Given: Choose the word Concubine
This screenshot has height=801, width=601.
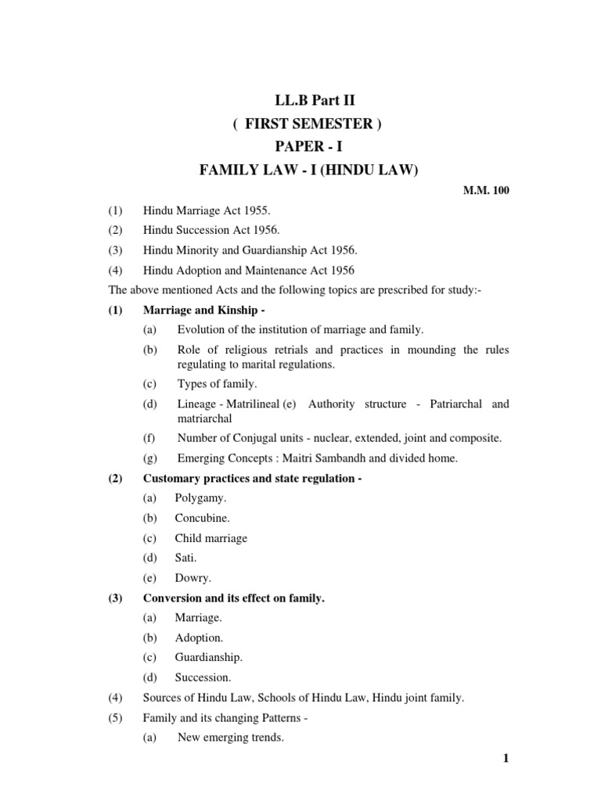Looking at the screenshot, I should (202, 517).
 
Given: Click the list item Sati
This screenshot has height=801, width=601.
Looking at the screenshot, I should (186, 558).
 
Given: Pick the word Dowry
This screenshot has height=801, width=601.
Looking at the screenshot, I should (192, 578).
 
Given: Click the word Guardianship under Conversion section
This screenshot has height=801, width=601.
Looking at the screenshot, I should (208, 657).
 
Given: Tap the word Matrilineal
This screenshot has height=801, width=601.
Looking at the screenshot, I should (265, 404).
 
